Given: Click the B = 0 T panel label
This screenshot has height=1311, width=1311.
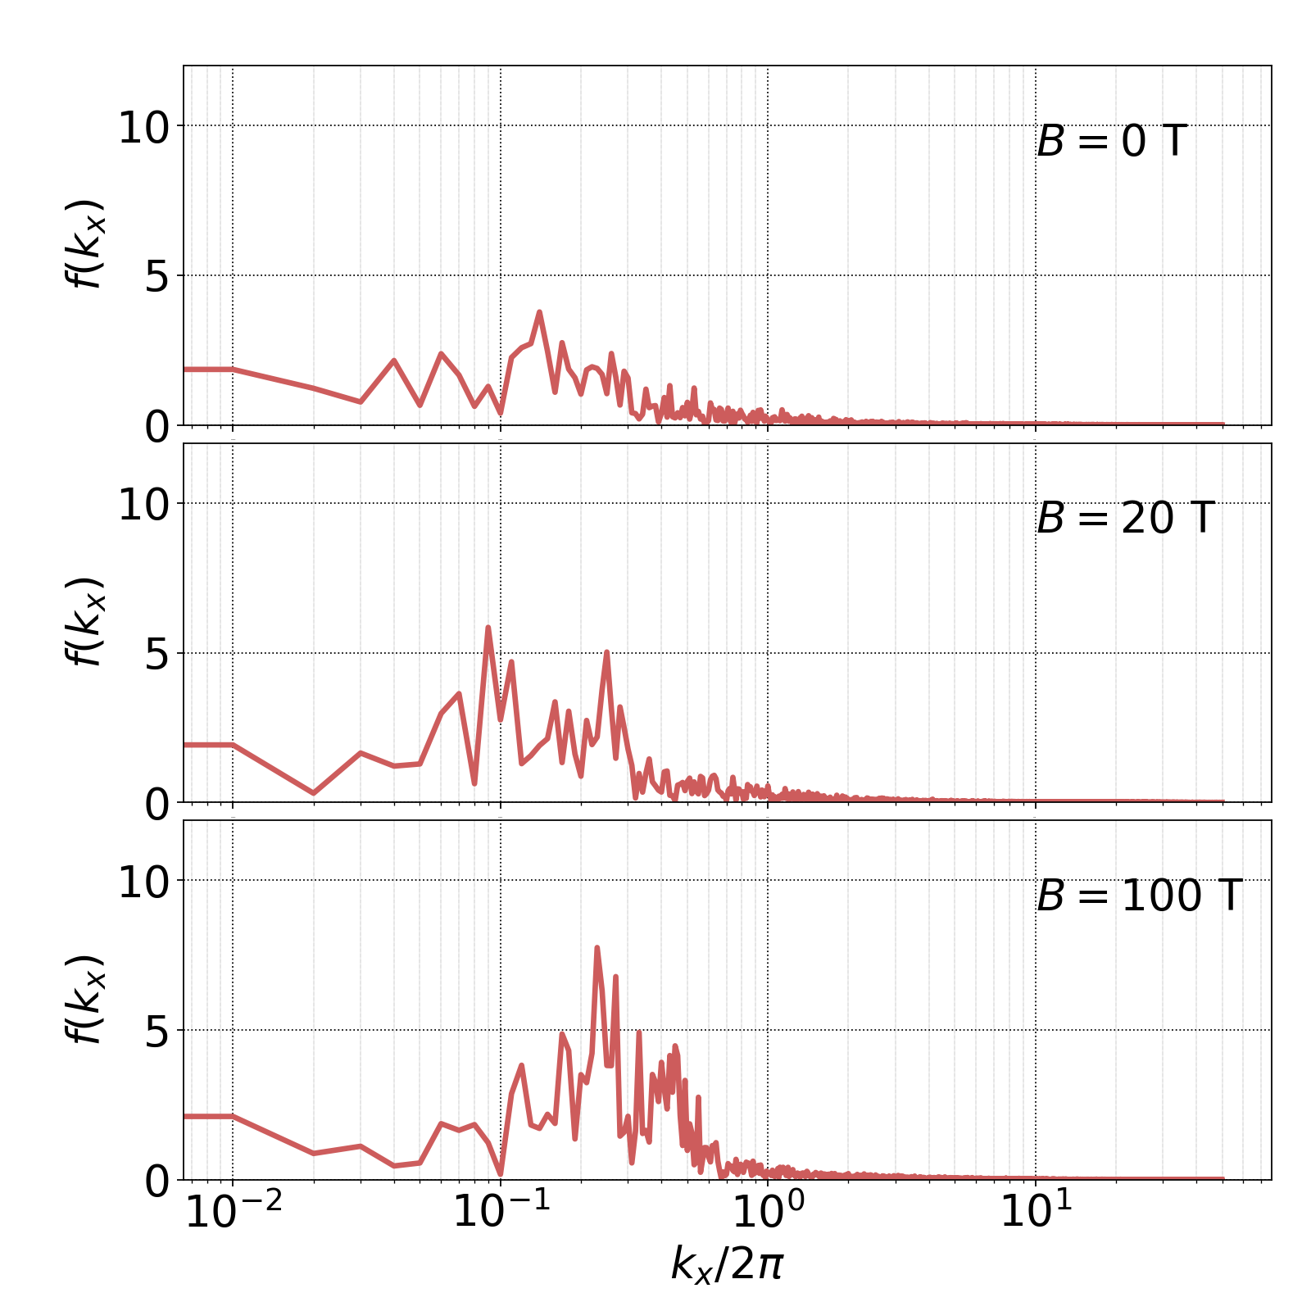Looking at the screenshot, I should point(1111,142).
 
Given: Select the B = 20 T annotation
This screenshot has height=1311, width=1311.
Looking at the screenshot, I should point(1125,519).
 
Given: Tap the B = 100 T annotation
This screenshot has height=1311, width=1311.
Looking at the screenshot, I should point(1139,896).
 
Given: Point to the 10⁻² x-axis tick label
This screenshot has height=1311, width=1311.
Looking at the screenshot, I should point(234,1212).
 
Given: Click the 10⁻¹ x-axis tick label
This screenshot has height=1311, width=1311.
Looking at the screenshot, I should point(501,1212).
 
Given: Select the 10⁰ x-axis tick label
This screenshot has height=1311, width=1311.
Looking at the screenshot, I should point(769,1212).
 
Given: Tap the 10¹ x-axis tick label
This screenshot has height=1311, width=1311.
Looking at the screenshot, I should point(1036,1212).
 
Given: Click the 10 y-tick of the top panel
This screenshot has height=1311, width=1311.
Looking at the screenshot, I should point(143,129).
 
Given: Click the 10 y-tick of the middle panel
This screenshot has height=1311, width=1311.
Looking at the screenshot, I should point(143,506).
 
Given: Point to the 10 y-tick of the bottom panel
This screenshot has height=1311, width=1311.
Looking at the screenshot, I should point(143,883).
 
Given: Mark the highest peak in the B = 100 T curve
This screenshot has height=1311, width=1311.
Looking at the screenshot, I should point(597,948).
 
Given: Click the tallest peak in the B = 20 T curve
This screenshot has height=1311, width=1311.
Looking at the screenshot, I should point(488,628).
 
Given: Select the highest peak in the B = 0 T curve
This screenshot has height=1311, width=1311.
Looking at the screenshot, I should point(539,312).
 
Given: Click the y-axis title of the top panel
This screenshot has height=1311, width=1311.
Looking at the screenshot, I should point(84,243).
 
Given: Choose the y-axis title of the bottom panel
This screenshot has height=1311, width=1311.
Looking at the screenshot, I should point(84,999).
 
